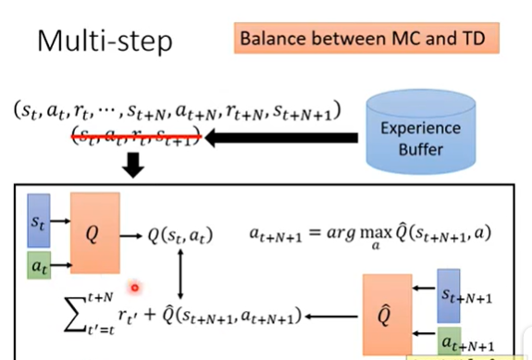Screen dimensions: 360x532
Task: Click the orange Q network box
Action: [94, 232]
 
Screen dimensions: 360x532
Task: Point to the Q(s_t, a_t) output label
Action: [180, 235]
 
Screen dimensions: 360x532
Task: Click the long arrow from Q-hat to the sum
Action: [337, 317]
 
